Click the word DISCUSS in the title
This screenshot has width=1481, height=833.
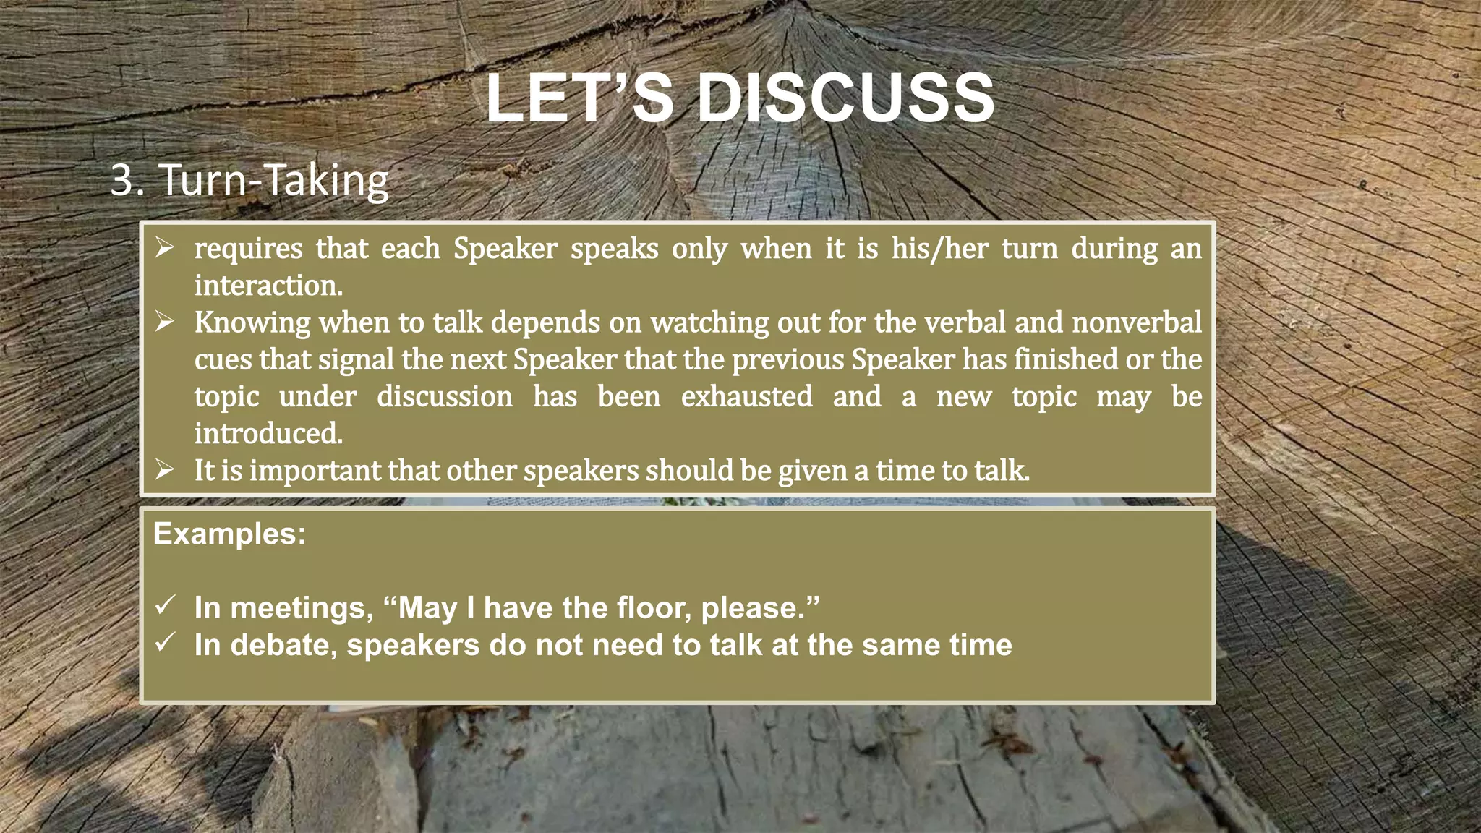[846, 99]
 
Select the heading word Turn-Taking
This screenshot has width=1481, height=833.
[273, 180]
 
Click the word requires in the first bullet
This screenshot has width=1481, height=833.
[248, 249]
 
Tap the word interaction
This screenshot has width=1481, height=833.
[268, 286]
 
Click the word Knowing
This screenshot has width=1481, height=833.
[252, 323]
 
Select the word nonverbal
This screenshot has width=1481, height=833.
[1137, 322]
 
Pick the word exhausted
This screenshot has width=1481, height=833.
[746, 396]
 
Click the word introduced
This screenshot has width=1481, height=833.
[268, 434]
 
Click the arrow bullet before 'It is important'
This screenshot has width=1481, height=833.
[165, 470]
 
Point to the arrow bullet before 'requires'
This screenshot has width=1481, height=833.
[165, 248]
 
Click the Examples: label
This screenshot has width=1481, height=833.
[229, 534]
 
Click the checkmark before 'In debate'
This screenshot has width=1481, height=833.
[165, 642]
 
